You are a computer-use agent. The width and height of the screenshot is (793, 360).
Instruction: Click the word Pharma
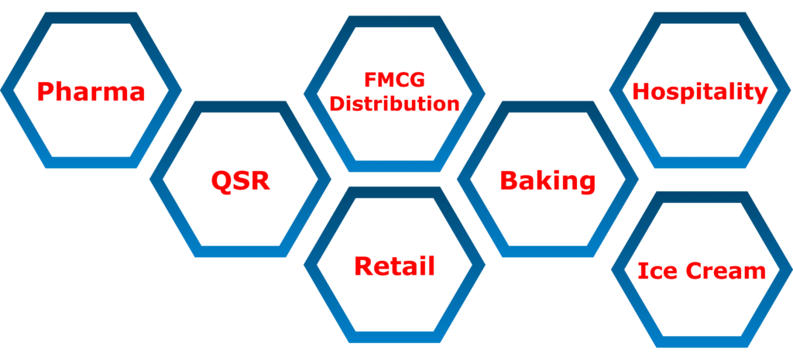pos(91,92)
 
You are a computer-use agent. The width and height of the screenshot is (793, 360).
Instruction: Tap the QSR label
pos(240,182)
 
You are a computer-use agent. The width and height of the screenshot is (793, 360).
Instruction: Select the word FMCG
pos(395,81)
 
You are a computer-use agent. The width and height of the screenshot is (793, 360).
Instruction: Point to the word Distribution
pos(395,104)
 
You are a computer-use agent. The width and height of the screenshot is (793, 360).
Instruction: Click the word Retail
pos(395,266)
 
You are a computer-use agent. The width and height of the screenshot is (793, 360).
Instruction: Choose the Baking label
pos(548,181)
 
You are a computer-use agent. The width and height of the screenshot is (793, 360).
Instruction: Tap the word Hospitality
pos(700,92)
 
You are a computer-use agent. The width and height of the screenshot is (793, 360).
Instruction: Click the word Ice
pos(655,271)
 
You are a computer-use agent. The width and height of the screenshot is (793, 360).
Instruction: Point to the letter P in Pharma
pos(47,92)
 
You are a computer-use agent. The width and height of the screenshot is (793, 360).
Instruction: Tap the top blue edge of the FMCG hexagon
pos(395,20)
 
